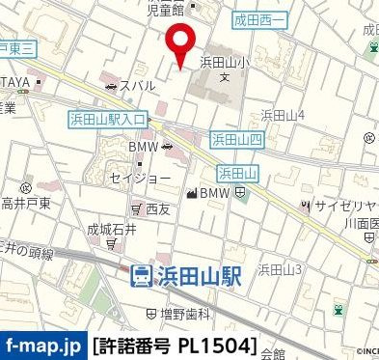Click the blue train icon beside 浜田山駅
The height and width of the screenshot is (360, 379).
click(x=142, y=275)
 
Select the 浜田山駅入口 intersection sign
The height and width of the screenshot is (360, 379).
click(x=108, y=119)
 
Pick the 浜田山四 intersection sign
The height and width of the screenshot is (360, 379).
click(x=237, y=140)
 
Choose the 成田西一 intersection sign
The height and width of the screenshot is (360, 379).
click(x=260, y=19)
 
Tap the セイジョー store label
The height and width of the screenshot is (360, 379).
click(x=141, y=179)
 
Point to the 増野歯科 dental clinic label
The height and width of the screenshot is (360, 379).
click(x=178, y=314)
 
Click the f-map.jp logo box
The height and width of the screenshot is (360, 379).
click(x=43, y=344)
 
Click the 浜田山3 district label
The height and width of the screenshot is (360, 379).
click(x=280, y=268)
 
